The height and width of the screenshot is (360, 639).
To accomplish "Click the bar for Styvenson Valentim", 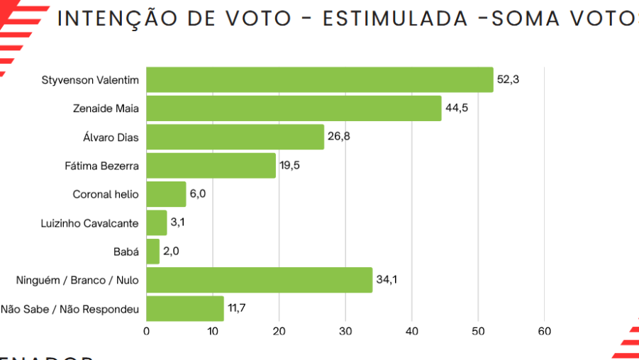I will (x=319, y=80).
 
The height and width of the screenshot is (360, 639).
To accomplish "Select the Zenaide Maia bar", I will (x=294, y=108).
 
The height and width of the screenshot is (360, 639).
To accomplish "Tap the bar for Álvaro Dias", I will (x=235, y=137).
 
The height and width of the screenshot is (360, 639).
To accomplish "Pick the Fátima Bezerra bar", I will (x=211, y=166).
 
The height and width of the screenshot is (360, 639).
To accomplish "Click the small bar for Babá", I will (x=153, y=252).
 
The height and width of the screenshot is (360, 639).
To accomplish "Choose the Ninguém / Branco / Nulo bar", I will (x=259, y=280).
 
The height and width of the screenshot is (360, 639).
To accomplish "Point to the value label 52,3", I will (x=508, y=79).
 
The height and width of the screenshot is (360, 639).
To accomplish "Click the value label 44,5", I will (x=456, y=108).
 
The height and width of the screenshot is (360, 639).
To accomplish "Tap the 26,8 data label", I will (x=338, y=137).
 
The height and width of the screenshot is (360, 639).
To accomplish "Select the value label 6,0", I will (x=199, y=194).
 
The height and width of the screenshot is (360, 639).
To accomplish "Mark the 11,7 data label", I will (x=237, y=308).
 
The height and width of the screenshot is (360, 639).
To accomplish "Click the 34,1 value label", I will (x=387, y=280).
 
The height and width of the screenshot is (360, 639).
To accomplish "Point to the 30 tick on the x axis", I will (x=345, y=331).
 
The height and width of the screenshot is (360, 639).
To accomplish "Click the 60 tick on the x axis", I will (x=545, y=331).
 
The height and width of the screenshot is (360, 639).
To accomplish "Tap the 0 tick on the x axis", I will (x=147, y=331).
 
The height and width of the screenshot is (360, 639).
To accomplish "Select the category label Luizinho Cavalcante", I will (x=90, y=223).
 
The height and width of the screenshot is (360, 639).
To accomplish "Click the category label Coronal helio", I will (x=106, y=194).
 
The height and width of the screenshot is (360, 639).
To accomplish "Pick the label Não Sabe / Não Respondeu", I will (x=70, y=308).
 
